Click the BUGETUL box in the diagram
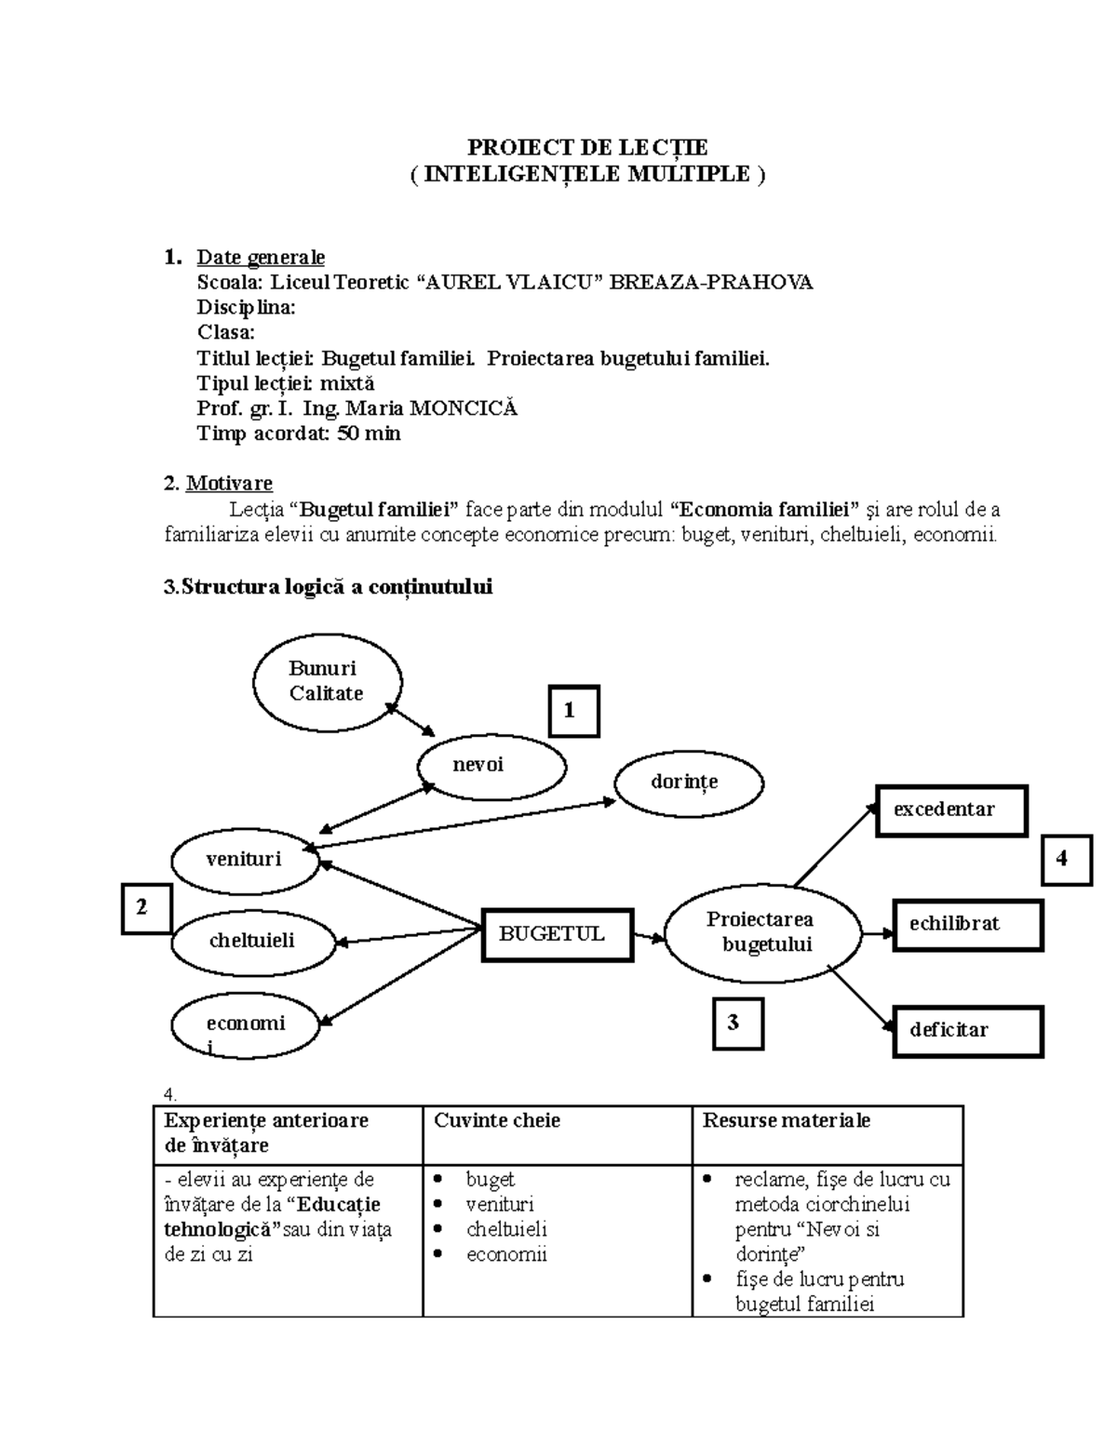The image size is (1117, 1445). coord(558,934)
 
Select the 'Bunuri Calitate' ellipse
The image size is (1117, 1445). coord(327,681)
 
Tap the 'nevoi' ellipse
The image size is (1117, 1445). coord(491,766)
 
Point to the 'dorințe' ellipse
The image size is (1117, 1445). coord(689,783)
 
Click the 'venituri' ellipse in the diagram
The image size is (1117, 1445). coord(245,858)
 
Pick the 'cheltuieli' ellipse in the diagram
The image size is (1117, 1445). coord(252,941)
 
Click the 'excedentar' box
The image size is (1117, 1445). coord(951,810)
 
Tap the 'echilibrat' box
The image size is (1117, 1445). coord(967,924)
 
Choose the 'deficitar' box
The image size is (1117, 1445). coord(967,1030)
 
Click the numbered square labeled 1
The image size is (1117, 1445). coord(572,712)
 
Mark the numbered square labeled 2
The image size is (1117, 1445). coord(146,908)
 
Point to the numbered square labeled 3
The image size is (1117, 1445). coord(738,1024)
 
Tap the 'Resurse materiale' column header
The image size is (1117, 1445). coord(787,1120)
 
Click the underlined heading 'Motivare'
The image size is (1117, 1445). coord(229,483)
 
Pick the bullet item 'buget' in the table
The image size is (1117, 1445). coord(490,1180)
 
